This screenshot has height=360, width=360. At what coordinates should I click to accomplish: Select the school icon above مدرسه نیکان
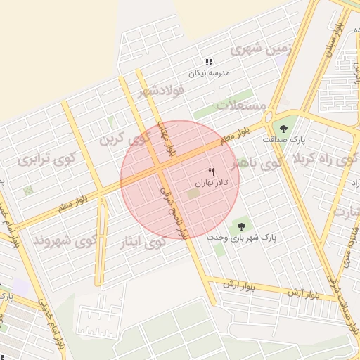click(208, 62)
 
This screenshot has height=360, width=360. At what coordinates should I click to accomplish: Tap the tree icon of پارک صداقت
click(283, 128)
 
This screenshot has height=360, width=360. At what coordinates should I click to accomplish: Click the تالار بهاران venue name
click(212, 183)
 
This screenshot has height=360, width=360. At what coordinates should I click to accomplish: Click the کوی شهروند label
click(64, 240)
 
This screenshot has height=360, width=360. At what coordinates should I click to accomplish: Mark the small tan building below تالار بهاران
click(193, 193)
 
